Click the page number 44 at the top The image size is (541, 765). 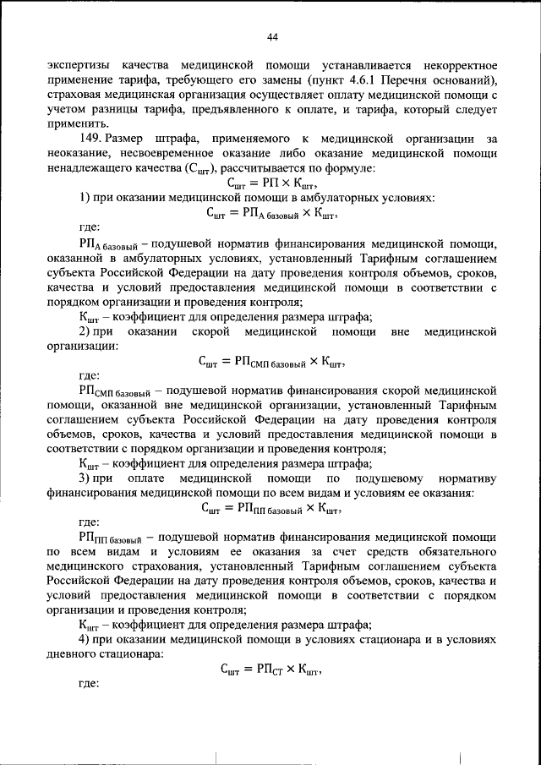(x=271, y=36)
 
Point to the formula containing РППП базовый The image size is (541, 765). (x=270, y=507)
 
